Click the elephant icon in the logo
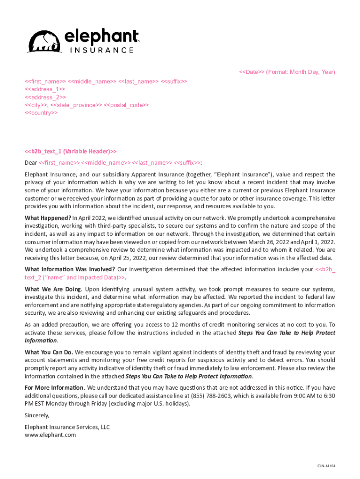click(44, 41)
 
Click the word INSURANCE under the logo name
click(102, 50)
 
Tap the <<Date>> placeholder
click(252, 72)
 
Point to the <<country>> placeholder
click(41, 113)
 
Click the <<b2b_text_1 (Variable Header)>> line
click(70, 151)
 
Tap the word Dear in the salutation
click(31, 163)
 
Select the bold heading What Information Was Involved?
click(70, 269)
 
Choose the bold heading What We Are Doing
click(52, 290)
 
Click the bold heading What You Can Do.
click(49, 352)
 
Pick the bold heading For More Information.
click(55, 387)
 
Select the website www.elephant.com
click(50, 435)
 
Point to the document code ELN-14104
click(326, 466)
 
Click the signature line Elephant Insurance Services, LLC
click(67, 427)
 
